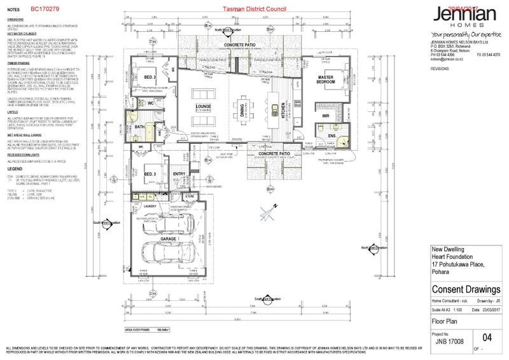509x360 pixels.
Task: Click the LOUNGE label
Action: point(204,107)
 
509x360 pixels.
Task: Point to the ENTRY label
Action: point(179,174)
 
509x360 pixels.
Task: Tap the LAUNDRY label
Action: point(150,206)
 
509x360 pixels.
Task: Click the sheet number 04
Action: point(488,338)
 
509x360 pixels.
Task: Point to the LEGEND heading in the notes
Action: point(15,169)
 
